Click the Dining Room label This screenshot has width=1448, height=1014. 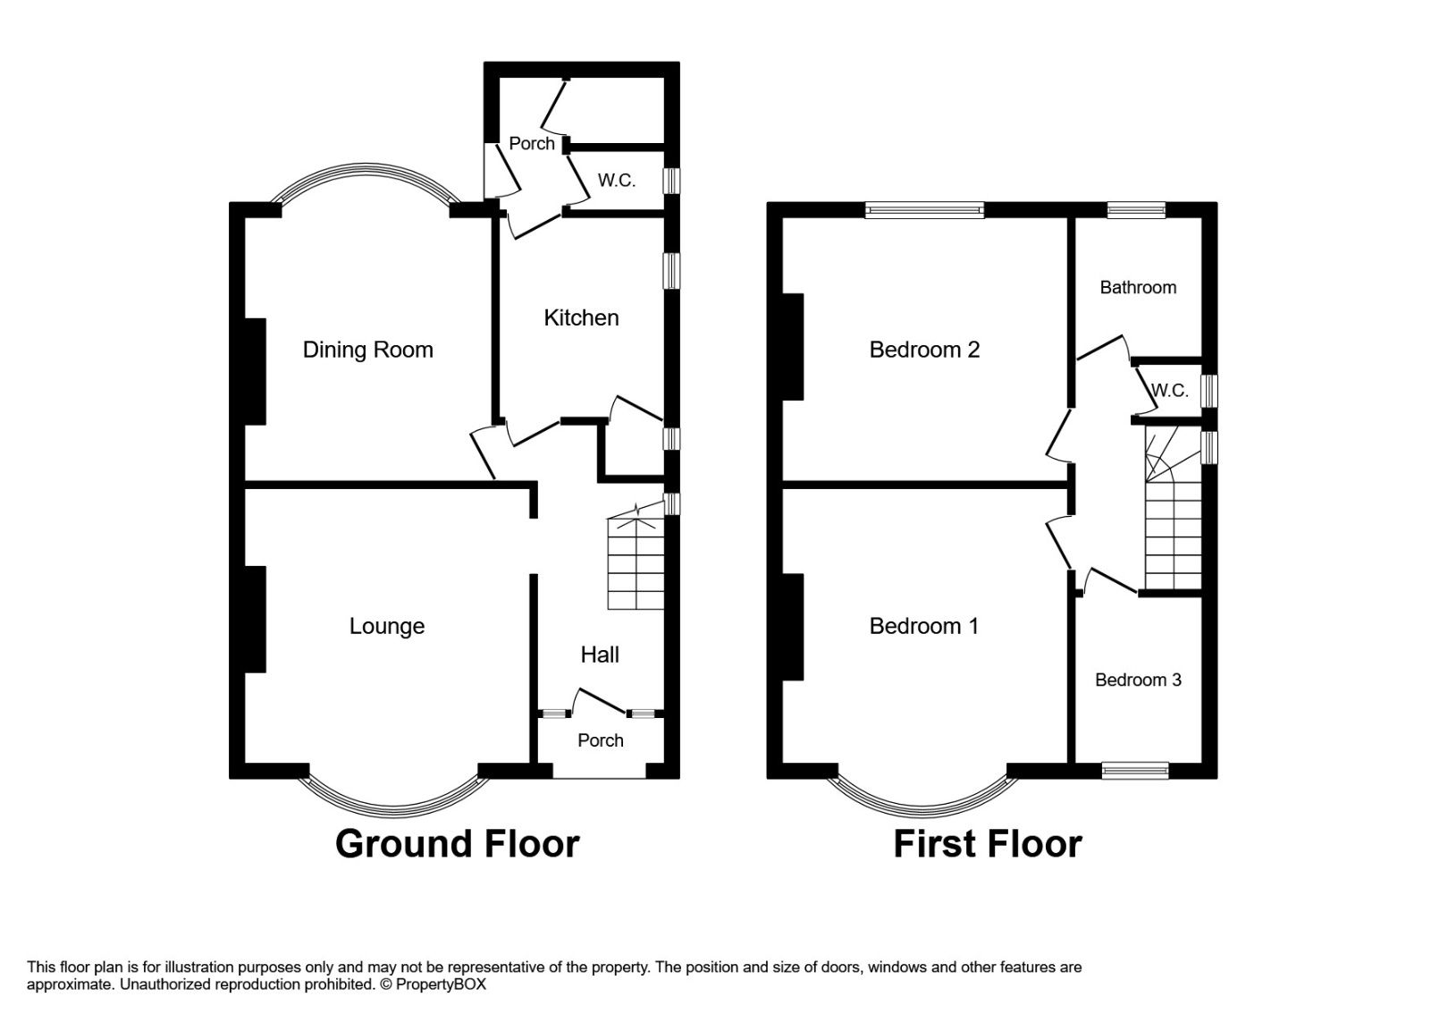click(368, 350)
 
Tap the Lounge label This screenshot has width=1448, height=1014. click(387, 626)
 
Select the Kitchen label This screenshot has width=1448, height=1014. click(581, 317)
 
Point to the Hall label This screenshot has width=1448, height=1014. click(600, 655)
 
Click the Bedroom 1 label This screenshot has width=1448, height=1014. click(923, 626)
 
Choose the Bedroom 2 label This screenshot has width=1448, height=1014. click(924, 350)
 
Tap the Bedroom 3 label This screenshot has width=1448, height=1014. click(1139, 680)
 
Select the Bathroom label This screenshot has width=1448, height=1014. click(1139, 287)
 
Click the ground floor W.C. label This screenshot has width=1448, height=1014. click(617, 181)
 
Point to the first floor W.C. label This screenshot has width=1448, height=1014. click(1170, 390)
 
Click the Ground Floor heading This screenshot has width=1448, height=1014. click(457, 844)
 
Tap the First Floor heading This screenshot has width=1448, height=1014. click(988, 844)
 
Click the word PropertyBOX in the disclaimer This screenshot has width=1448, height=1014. click(441, 984)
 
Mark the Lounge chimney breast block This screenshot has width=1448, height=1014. click(255, 620)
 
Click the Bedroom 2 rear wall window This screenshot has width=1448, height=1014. click(924, 210)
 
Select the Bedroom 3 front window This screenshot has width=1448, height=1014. click(1135, 770)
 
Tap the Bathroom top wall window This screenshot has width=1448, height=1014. click(1136, 209)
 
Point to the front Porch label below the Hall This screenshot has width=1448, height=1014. click(601, 740)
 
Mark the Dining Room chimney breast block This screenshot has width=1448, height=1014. click(255, 372)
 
